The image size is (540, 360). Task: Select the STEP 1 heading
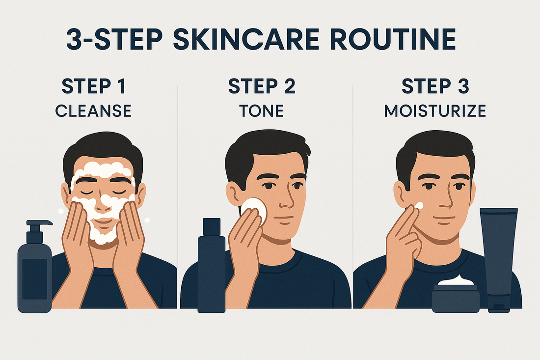93,86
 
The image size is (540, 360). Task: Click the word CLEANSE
93,111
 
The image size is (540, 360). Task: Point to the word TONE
262,111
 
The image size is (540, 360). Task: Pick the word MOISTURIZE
435,111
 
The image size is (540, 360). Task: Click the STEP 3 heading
435,86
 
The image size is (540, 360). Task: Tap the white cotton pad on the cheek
254,210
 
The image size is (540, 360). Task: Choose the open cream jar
455,297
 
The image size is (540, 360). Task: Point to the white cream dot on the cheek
419,206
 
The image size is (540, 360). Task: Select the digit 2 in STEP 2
289,86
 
